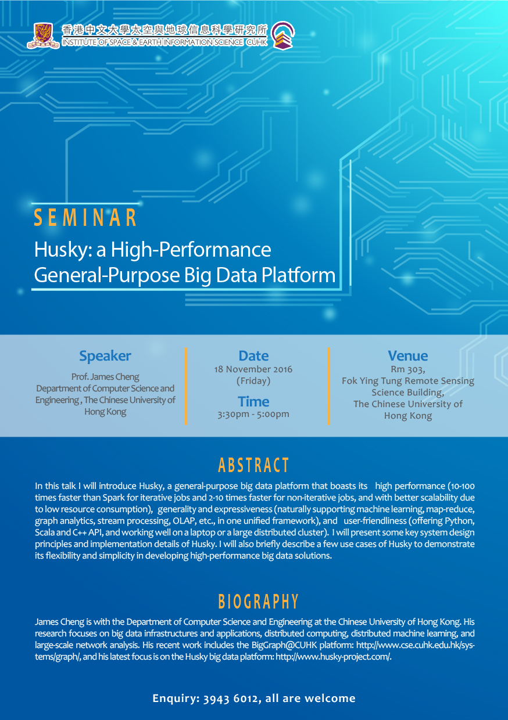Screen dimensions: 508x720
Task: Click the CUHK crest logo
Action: point(43,35)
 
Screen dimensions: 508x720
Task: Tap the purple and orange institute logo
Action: point(282,35)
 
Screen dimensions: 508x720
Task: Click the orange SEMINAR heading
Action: point(85,218)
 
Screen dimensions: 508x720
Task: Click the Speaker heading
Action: point(105,357)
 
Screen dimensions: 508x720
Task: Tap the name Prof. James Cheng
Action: point(105,377)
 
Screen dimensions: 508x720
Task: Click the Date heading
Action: point(253,356)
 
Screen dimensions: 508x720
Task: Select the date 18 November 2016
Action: point(253,369)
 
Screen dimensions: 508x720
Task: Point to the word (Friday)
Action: point(253,381)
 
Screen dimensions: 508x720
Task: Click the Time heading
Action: point(253,402)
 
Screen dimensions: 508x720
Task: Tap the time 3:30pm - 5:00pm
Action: point(253,414)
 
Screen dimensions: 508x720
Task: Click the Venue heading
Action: point(407,356)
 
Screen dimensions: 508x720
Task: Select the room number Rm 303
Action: point(407,370)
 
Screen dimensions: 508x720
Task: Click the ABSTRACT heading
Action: point(253,465)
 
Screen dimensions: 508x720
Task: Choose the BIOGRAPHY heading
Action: point(258,602)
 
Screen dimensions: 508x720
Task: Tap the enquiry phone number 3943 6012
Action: point(230,699)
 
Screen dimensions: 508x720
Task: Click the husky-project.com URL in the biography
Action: point(333,657)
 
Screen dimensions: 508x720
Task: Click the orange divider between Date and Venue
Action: point(329,386)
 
